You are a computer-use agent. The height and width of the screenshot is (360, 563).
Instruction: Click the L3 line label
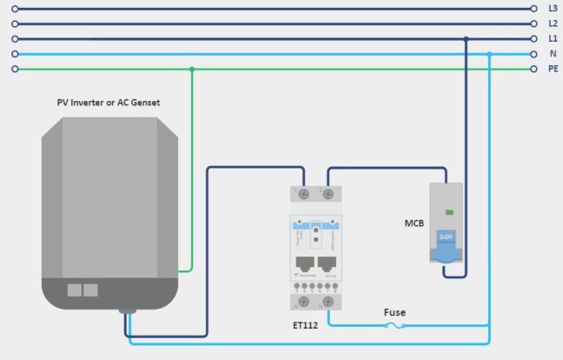coord(553,9)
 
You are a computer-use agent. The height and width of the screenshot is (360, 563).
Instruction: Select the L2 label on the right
coord(553,23)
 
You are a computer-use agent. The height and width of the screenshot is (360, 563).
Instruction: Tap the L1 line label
coord(553,39)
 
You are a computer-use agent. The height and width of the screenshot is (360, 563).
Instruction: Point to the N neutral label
coord(553,54)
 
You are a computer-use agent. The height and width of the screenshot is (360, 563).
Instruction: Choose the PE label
coord(553,69)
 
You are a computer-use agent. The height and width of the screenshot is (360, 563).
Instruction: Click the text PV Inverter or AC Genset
coord(109,103)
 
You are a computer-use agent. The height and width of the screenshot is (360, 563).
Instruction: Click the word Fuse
coord(395,312)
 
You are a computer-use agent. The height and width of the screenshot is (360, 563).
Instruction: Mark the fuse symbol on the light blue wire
coord(394,326)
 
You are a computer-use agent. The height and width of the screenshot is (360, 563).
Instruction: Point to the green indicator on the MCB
coord(449,211)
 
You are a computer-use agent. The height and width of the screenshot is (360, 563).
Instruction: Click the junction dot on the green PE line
coord(192,69)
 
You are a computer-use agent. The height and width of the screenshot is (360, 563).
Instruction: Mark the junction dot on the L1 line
coord(467,39)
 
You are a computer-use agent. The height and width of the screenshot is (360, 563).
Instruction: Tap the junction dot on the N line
coord(489,54)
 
